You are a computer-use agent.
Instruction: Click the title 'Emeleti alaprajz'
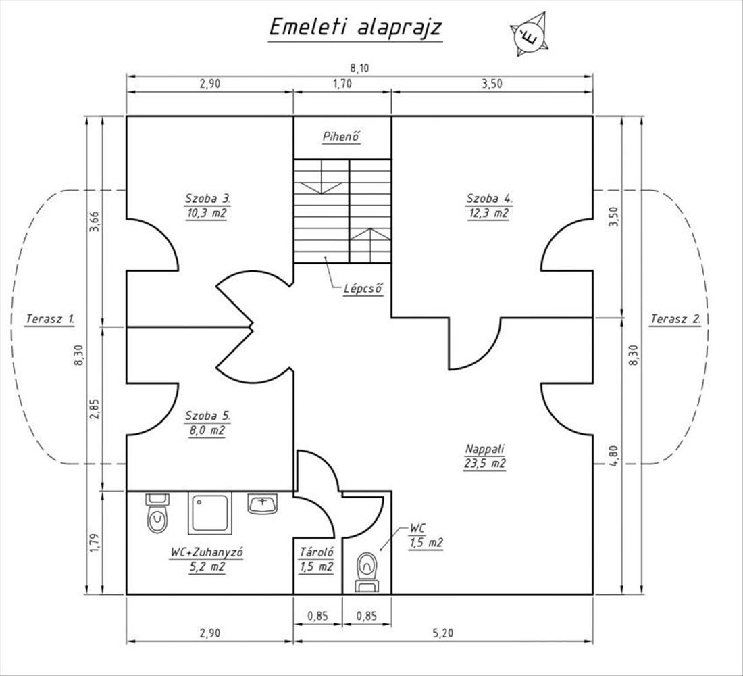pyautogui.click(x=355, y=27)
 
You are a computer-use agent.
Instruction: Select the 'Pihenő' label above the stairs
pyautogui.click(x=341, y=137)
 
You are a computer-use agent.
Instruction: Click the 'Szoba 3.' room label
pyautogui.click(x=208, y=199)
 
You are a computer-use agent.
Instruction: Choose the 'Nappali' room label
pyautogui.click(x=485, y=449)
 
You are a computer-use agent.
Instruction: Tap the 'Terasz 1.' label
pyautogui.click(x=50, y=318)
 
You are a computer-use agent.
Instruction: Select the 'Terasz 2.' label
pyautogui.click(x=675, y=318)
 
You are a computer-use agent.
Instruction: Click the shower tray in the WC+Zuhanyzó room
pyautogui.click(x=210, y=513)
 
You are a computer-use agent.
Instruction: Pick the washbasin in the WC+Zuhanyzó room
pyautogui.click(x=263, y=504)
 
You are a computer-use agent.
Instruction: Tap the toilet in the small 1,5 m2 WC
pyautogui.click(x=367, y=568)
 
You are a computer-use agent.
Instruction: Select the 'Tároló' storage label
pyautogui.click(x=316, y=552)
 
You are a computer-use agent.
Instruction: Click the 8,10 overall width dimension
pyautogui.click(x=360, y=67)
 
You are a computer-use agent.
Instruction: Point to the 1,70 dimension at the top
pyautogui.click(x=342, y=84)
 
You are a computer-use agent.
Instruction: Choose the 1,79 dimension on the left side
pyautogui.click(x=94, y=542)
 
